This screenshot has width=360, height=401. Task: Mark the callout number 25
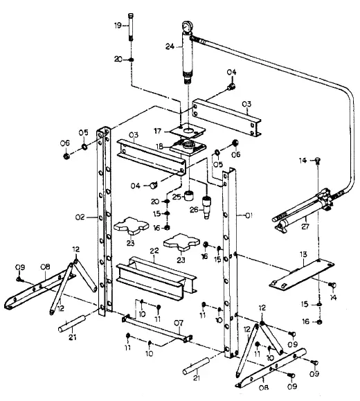pos(177,197)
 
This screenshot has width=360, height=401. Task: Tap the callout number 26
pos(195,211)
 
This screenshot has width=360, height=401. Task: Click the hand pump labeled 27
pos(305,207)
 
